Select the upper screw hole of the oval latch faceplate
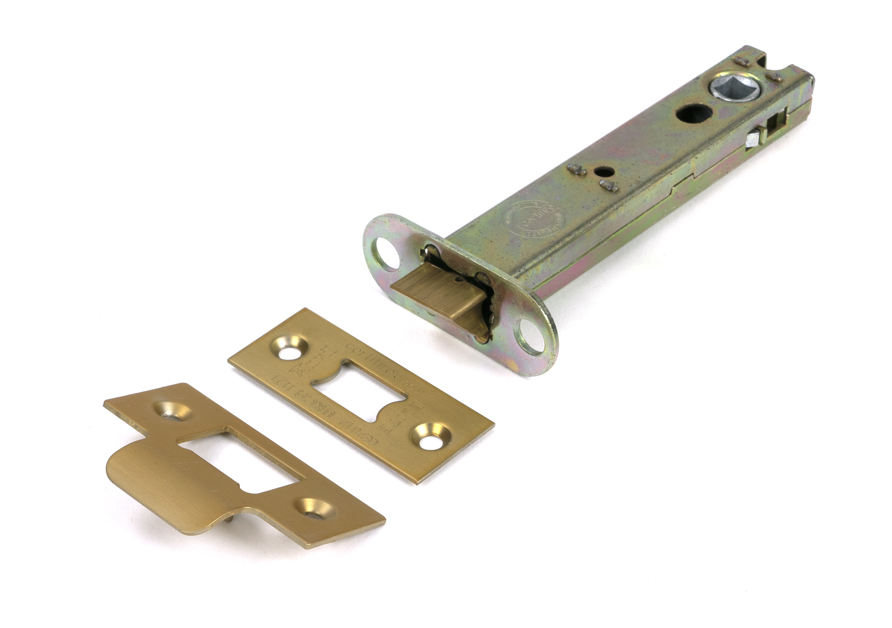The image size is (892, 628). click(385, 253)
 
